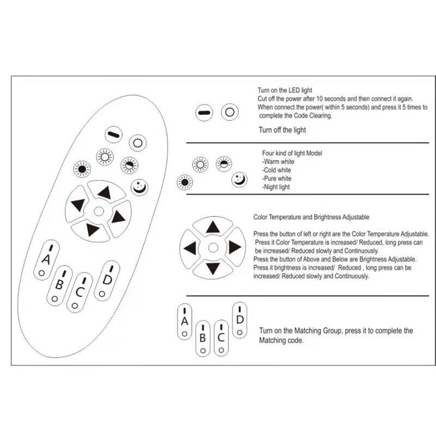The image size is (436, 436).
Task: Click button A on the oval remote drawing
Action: tap(46, 260)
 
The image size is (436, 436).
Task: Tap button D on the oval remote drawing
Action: tap(107, 281)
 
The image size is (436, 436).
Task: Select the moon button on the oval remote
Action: tap(140, 187)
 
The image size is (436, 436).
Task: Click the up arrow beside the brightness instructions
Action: tap(213, 227)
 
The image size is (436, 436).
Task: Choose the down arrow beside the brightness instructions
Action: tap(213, 268)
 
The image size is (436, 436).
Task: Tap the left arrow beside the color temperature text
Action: tap(190, 248)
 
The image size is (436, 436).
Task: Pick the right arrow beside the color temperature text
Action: tap(235, 247)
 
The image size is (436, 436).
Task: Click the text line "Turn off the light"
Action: tap(282, 130)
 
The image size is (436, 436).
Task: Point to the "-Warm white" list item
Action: tap(278, 161)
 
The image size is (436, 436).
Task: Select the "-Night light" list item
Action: tap(276, 187)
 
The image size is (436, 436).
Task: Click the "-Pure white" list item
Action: tap(277, 179)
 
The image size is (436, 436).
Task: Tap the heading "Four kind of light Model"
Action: tap(292, 153)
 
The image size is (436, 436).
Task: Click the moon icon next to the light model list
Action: tap(239, 179)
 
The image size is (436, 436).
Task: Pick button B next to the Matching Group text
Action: tap(203, 338)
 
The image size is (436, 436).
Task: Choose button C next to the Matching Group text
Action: tap(221, 338)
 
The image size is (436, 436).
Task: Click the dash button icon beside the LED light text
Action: tap(204, 113)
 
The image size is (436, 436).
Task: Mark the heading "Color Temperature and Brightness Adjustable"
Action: tap(311, 217)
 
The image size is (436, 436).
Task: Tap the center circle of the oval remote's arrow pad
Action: tap(99, 211)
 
